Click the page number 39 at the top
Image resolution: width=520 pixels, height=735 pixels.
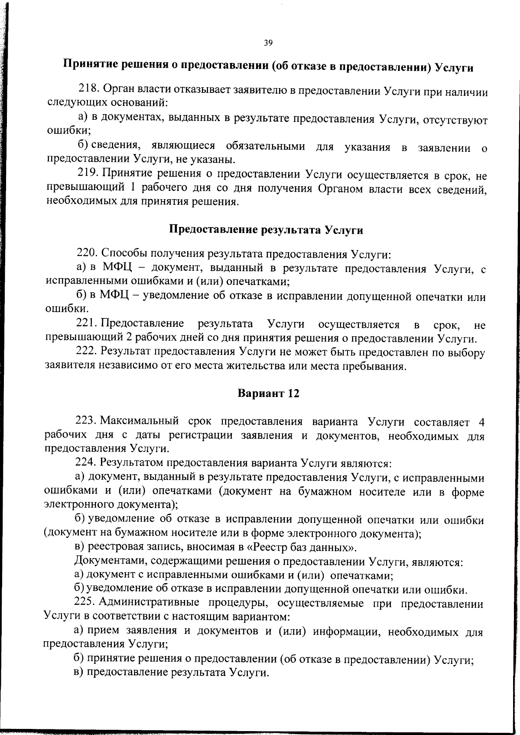(x=267, y=43)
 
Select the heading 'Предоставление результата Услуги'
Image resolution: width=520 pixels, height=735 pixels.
(x=265, y=230)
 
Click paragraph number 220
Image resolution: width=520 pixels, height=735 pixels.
(x=88, y=253)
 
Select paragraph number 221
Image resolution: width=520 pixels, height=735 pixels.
(x=86, y=324)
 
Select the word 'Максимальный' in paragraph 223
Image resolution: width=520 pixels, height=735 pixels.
(x=140, y=421)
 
